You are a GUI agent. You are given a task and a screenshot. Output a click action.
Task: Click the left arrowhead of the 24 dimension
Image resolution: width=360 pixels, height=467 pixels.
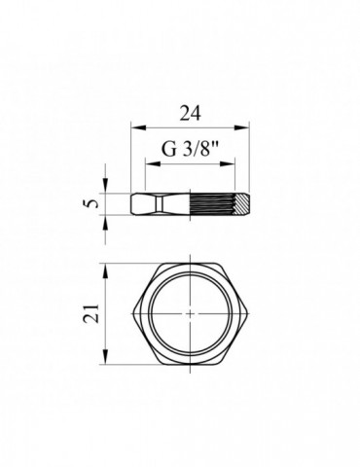click(x=134, y=126)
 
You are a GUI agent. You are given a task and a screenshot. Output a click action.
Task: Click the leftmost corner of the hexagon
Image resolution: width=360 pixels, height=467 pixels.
click(x=131, y=314)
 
